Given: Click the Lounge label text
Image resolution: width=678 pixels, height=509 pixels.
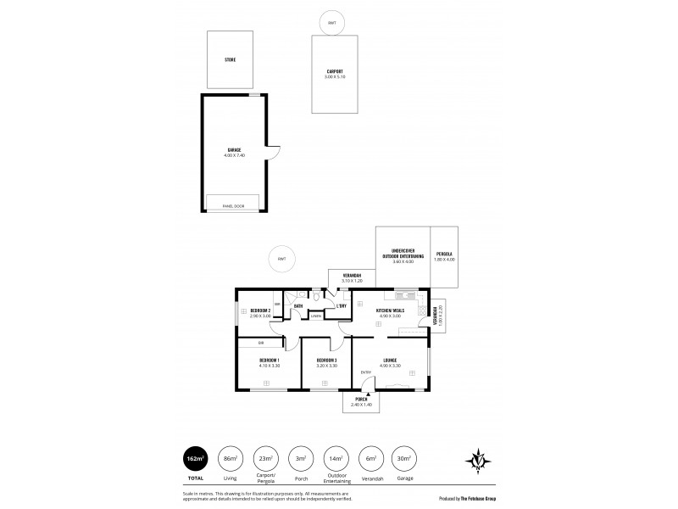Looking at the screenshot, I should click(x=391, y=360).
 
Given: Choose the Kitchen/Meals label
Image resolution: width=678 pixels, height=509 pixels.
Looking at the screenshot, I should click(x=391, y=310).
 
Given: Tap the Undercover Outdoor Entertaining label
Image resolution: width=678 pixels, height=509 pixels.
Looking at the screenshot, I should click(x=403, y=253).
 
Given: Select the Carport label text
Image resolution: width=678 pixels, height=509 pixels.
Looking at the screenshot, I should click(x=334, y=72).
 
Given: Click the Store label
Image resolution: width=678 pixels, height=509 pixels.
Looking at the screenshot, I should click(x=230, y=60).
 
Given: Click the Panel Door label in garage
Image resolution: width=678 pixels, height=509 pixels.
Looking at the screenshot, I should click(x=233, y=206).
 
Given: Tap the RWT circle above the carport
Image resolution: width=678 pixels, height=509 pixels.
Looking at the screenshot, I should click(x=327, y=23).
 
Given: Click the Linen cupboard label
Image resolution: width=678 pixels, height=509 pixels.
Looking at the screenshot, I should click(x=315, y=316).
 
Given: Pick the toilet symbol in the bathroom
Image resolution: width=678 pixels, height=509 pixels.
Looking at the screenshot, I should click(x=314, y=297).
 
